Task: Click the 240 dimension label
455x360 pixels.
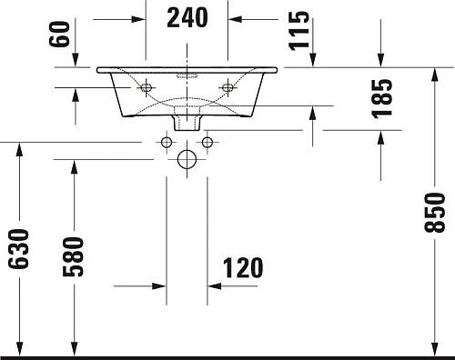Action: (187, 16)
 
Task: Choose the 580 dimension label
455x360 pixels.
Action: (75, 257)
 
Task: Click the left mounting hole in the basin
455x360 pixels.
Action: (145, 87)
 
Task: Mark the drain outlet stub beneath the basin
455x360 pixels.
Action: (187, 120)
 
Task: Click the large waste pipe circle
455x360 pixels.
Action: (187, 160)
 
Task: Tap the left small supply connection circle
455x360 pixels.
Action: (166, 142)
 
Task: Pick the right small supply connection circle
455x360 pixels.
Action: (207, 142)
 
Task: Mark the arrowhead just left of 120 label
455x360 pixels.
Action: (215, 286)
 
